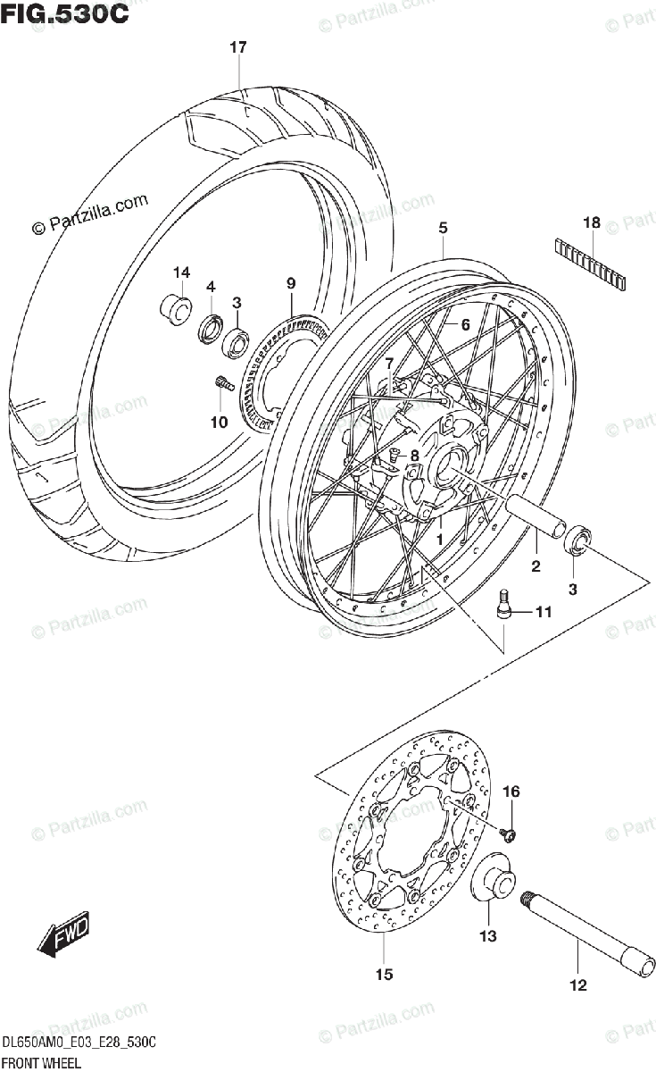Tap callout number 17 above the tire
point(237,49)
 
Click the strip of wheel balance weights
point(590,264)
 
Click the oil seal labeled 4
point(212,328)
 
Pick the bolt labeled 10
point(224,383)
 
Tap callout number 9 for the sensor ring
point(290,283)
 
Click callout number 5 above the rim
point(443,229)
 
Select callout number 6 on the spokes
point(464,326)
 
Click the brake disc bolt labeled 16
point(509,833)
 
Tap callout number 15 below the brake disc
point(384,975)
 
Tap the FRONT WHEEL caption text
point(42,1062)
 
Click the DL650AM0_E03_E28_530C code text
point(80,1043)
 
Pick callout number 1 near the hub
point(439,540)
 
